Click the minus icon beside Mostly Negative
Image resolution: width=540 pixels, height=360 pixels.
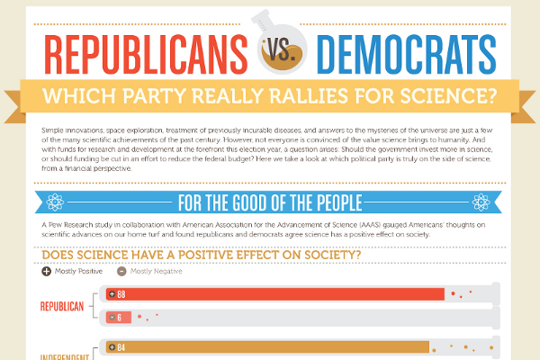(122, 271)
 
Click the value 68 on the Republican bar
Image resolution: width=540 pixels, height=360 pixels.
(121, 294)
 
